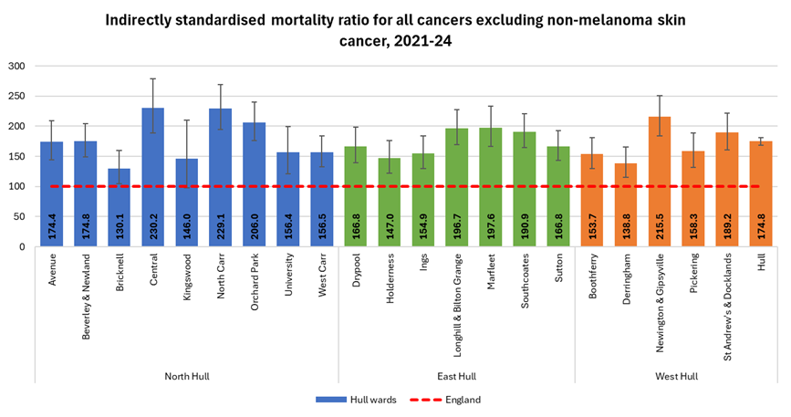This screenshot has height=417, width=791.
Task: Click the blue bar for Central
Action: tap(153, 177)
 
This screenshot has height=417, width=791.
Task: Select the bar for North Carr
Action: tap(220, 177)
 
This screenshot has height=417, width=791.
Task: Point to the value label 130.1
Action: tap(120, 227)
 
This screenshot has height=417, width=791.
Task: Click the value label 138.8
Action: tap(626, 227)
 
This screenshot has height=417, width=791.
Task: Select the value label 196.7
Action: tap(457, 227)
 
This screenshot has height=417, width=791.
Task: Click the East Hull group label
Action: tap(456, 376)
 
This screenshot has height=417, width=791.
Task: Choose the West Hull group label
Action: tap(676, 376)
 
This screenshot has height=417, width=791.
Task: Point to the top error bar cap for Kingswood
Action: tap(187, 120)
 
